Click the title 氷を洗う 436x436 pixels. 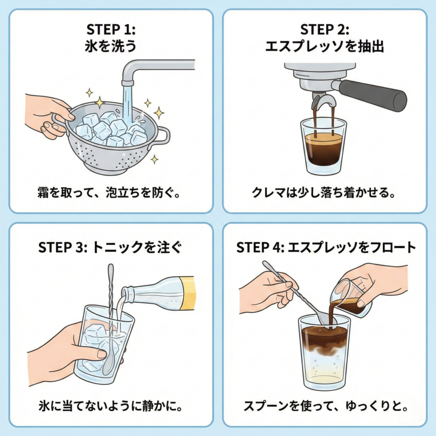111,46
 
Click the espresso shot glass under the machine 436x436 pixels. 324,147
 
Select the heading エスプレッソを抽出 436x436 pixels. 324,46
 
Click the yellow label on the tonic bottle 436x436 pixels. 187,293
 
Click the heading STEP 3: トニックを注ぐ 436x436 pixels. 111,248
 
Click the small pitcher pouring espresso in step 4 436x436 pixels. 349,298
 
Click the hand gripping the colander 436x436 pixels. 47,115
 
